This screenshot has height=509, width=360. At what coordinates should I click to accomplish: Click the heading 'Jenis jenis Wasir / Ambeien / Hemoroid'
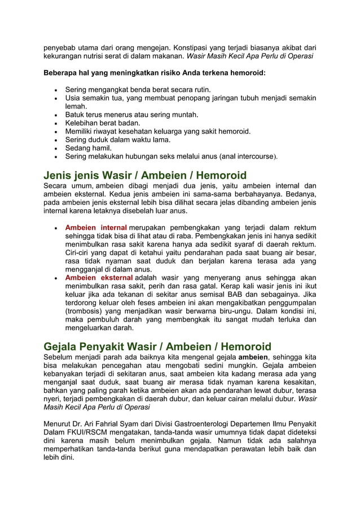145,175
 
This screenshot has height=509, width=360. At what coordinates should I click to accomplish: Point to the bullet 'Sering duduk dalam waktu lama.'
118,139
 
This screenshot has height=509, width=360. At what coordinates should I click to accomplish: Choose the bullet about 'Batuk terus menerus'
131,115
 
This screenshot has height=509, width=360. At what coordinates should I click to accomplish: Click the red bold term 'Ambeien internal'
95,227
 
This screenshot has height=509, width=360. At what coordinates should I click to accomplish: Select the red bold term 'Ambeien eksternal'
99,278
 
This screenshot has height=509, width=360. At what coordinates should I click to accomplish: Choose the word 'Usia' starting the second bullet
73,98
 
